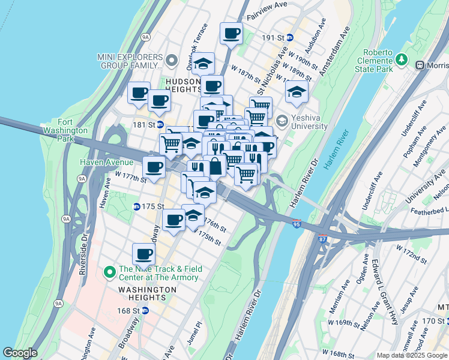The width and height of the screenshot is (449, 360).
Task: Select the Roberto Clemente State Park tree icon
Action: (401, 61)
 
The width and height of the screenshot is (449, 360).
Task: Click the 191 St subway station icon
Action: (290, 37)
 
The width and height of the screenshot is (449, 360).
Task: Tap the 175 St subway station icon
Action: (136, 206)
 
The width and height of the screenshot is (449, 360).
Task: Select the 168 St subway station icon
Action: (153, 311)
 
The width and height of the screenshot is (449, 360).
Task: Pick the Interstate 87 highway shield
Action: (323, 239)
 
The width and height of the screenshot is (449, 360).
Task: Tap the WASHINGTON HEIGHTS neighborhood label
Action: (147, 290)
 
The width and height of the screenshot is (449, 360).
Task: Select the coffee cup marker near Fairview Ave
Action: (231, 33)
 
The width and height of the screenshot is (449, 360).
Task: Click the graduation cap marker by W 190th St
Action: (296, 92)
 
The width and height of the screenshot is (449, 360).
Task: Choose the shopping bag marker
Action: (214, 166)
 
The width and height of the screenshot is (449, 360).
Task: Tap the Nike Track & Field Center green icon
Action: (109, 273)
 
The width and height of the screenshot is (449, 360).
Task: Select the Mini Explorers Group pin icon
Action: (172, 61)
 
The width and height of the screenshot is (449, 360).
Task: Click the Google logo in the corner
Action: (20, 353)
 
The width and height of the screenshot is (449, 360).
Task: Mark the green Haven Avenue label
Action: (107, 162)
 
